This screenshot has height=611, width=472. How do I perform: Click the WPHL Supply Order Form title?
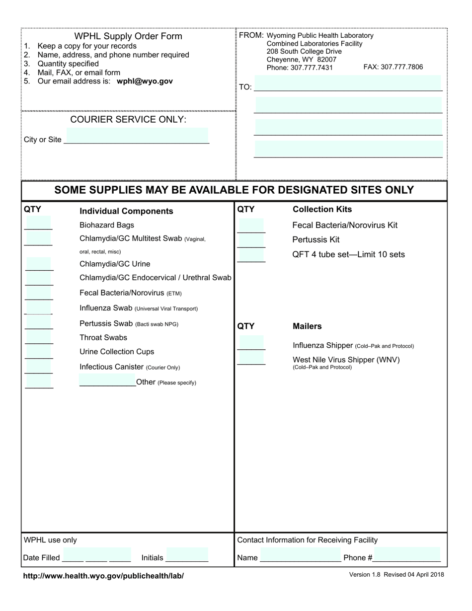coord(128,36)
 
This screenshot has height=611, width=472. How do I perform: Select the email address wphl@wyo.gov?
coord(145,81)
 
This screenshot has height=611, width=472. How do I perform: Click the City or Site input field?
coord(137,136)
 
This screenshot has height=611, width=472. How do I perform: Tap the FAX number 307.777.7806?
coord(393,67)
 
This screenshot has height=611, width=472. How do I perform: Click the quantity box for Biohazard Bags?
coord(38,223)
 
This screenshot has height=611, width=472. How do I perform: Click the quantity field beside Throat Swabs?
coord(38,337)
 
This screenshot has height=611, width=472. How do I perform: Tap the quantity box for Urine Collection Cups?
coord(38,352)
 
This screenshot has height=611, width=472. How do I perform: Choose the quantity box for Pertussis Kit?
coord(251,241)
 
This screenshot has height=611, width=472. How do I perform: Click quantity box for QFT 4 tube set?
coord(251,255)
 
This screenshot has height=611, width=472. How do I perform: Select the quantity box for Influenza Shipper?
coord(251,343)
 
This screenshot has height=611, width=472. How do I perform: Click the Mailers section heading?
coord(307,326)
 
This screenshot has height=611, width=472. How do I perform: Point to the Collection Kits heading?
coord(322,209)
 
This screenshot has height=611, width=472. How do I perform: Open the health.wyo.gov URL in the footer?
coord(103,576)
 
